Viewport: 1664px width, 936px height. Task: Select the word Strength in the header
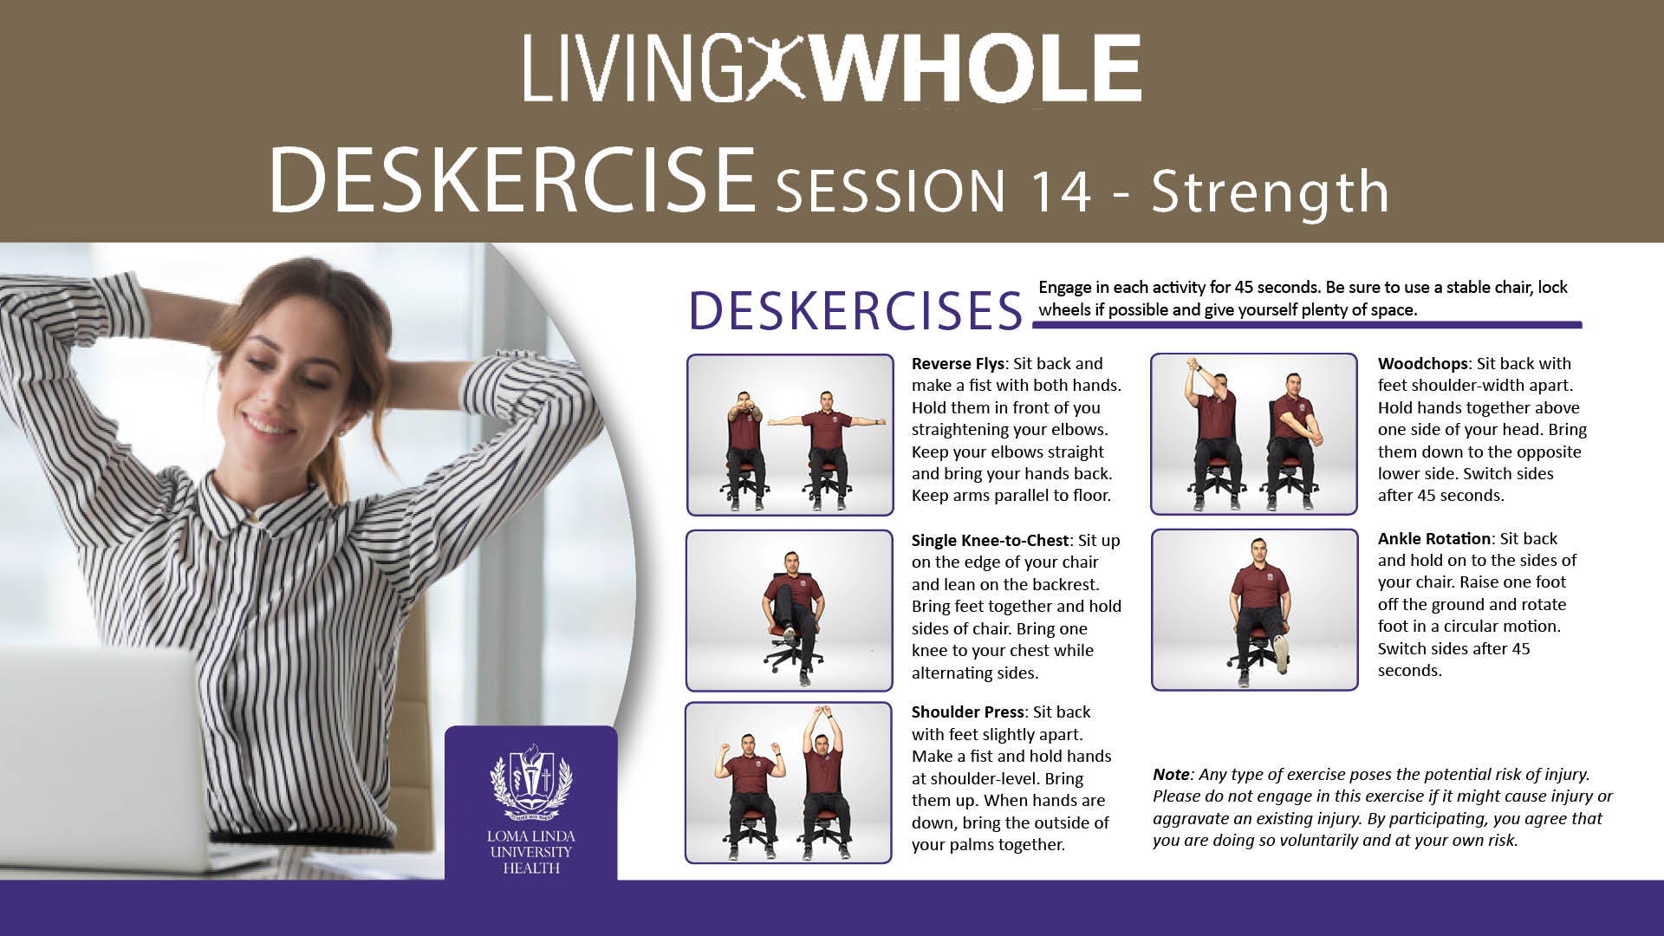(1269, 192)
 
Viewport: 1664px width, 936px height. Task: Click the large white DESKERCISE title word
(512, 179)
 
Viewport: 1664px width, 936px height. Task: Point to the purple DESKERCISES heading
(855, 310)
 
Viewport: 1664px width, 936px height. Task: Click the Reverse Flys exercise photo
(790, 435)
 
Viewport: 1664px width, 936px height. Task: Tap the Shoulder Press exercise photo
(788, 783)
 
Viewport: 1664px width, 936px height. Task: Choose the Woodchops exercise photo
(1253, 433)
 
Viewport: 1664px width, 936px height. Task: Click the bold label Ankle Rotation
(1434, 539)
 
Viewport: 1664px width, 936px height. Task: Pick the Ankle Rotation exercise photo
(1254, 610)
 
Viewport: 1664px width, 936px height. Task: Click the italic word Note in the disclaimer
(1171, 775)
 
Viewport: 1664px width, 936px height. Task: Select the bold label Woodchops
(1423, 364)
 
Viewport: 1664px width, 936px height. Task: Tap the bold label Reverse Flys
(958, 364)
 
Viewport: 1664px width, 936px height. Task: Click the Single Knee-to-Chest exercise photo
(789, 610)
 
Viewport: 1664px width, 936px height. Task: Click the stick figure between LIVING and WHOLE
(778, 69)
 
